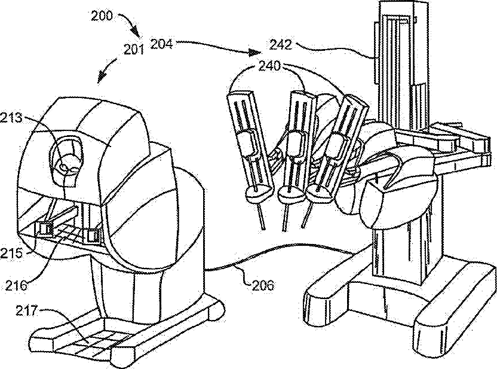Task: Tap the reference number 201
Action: point(135,50)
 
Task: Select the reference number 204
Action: point(162,42)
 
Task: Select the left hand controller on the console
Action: point(44,228)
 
